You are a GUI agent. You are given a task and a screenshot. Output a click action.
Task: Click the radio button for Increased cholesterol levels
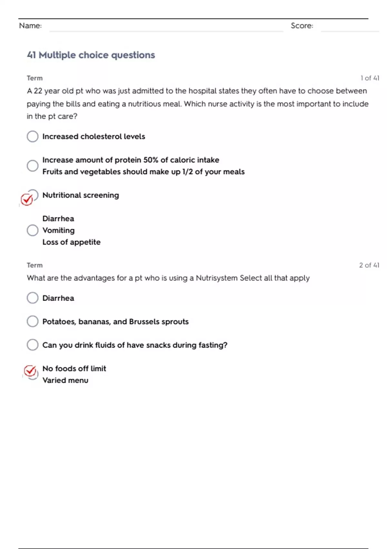(33, 136)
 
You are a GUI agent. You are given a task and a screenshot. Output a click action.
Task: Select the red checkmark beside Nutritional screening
(27, 199)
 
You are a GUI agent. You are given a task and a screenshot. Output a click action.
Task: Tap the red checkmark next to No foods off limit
(30, 371)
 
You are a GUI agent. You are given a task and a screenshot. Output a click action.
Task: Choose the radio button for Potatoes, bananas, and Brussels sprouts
(33, 321)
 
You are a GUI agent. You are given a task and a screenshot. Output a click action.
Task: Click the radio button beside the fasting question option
(33, 345)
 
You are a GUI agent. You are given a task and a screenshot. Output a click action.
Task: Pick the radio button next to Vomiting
(33, 230)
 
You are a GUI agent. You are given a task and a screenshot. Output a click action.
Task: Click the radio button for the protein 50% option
(33, 166)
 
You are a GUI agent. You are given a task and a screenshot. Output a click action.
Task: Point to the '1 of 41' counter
(370, 78)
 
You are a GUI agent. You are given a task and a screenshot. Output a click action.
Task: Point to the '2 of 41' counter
(369, 265)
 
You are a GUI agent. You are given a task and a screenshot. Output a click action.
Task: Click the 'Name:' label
(30, 26)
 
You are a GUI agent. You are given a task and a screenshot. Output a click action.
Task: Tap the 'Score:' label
(302, 26)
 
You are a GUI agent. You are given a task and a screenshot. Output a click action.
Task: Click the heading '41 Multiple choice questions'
(91, 55)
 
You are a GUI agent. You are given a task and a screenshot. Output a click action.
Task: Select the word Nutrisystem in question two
(217, 278)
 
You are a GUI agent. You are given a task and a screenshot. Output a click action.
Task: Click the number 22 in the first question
(38, 91)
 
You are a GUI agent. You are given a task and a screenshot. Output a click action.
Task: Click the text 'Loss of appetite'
(71, 242)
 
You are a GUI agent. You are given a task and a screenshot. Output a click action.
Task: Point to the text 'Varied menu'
(65, 380)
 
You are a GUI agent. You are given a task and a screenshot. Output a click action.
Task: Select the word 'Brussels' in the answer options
(144, 322)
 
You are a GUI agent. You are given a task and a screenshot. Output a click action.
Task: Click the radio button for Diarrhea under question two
(33, 298)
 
